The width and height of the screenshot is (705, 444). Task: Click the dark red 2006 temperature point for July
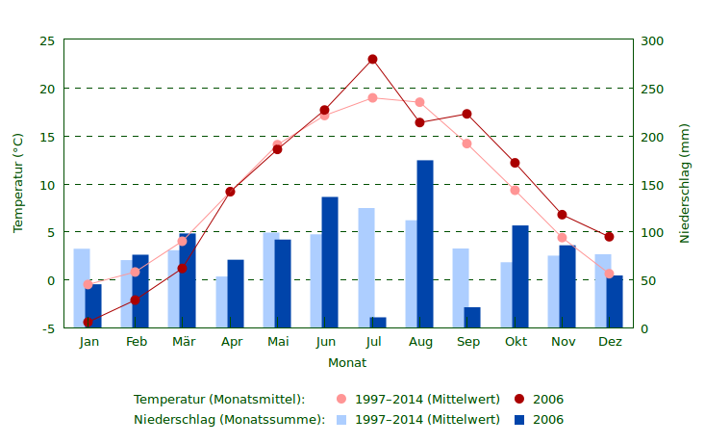pos(372,60)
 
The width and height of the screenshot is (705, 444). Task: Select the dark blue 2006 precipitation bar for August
pos(424,244)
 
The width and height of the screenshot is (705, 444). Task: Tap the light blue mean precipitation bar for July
pos(366,268)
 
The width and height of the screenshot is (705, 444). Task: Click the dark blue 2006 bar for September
pos(472,318)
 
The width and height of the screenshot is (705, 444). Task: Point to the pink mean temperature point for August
pos(419,102)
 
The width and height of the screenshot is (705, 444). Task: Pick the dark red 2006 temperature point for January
pos(88,323)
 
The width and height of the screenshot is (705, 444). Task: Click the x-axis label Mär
pos(183,342)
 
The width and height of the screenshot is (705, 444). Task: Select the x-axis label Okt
pos(515,342)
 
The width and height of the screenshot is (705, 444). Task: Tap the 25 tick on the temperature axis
pos(47,40)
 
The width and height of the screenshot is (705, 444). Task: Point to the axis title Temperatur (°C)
pos(17,183)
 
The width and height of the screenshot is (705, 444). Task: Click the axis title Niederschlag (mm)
pos(685,183)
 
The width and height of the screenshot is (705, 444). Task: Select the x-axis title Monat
pos(347,363)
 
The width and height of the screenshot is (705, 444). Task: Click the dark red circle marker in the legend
pos(519,400)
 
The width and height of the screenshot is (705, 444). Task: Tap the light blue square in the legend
pos(341,420)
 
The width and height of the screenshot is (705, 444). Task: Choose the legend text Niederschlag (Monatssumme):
pos(229,420)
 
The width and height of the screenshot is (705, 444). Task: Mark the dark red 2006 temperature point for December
pos(609,237)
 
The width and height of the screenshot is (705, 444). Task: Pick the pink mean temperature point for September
pos(466,144)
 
